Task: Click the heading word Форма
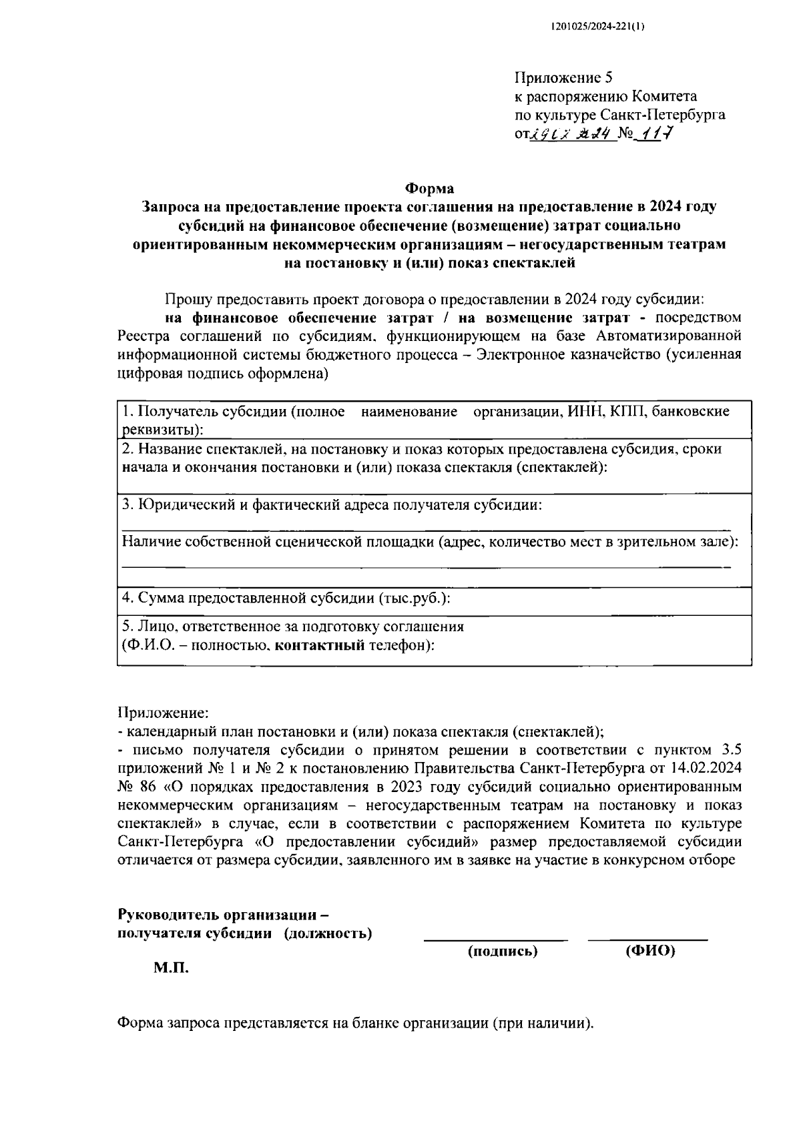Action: point(430,189)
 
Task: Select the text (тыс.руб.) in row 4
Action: point(415,598)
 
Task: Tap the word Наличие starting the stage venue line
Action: point(150,542)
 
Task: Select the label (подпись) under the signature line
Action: point(503,952)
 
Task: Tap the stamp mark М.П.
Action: point(172,968)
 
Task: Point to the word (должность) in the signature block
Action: point(328,933)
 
